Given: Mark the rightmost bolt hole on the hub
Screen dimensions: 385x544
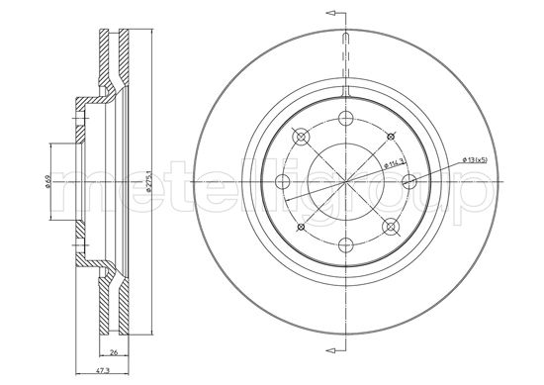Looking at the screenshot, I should tap(408, 181).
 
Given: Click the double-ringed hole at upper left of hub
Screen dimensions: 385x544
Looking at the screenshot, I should tap(299, 137).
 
